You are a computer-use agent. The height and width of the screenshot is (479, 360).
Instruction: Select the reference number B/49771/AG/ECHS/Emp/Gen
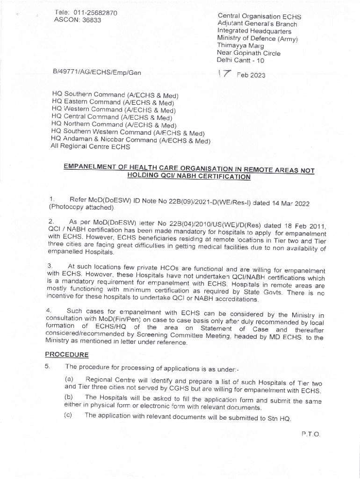(97, 73)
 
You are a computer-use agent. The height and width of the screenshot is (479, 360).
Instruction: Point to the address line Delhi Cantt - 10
(240, 60)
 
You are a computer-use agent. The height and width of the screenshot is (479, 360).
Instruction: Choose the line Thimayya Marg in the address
(240, 46)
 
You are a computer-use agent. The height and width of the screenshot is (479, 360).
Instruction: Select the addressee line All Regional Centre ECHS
(90, 146)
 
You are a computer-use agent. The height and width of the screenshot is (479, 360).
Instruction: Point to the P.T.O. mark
(310, 434)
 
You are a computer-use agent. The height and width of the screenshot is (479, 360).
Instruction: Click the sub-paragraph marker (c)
(68, 415)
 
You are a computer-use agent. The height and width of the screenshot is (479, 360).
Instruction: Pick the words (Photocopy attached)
(81, 207)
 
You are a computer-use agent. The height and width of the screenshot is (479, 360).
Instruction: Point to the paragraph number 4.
(49, 310)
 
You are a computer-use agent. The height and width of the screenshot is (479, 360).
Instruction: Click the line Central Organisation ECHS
(259, 16)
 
